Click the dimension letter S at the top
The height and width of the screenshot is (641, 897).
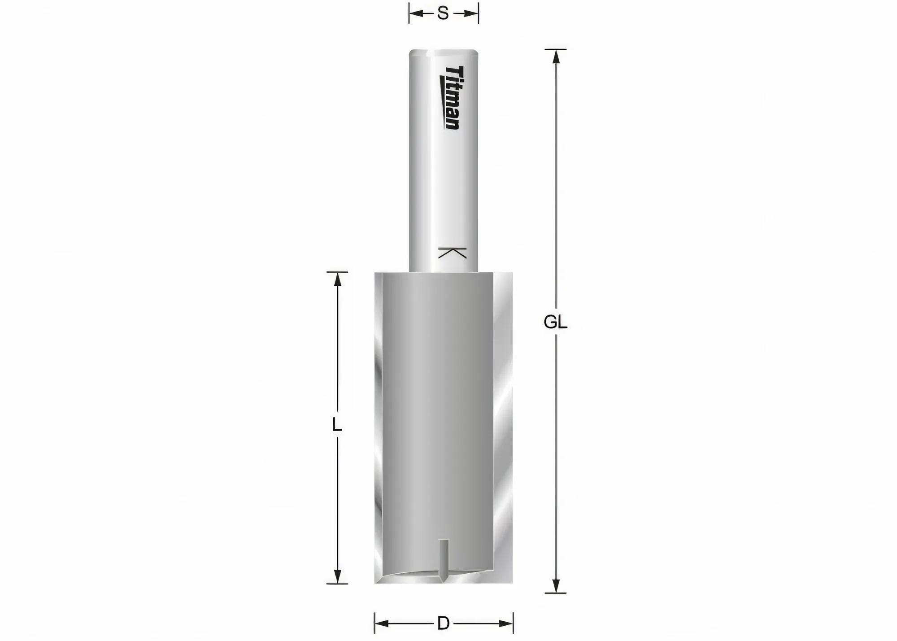[x=443, y=14]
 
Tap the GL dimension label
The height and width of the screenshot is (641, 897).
[x=555, y=322]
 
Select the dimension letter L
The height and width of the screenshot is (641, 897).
[x=336, y=424]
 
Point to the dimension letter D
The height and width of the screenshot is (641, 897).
[x=443, y=624]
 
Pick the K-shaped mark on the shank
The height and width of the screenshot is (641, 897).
[x=452, y=253]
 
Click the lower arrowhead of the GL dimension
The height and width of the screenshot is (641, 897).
[x=556, y=585]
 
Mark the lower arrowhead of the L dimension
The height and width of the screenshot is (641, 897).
[x=337, y=576]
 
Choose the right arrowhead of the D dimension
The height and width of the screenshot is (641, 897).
[x=505, y=624]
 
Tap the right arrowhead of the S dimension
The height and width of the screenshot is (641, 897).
[x=471, y=14]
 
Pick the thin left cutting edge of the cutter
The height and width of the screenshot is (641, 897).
[x=378, y=426]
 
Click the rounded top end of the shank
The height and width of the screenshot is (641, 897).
[x=443, y=52]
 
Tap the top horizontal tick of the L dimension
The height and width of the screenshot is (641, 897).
[x=337, y=272]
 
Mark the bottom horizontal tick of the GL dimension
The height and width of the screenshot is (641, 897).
[x=556, y=593]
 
